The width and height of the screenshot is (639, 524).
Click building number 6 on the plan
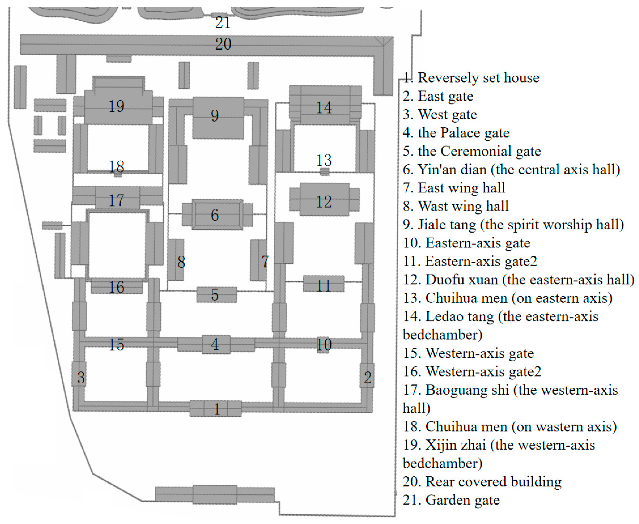217,215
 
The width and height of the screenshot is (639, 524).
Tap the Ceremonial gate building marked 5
216,295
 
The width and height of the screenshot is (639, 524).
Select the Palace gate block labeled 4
216,344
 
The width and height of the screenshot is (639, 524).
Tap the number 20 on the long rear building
223,44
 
